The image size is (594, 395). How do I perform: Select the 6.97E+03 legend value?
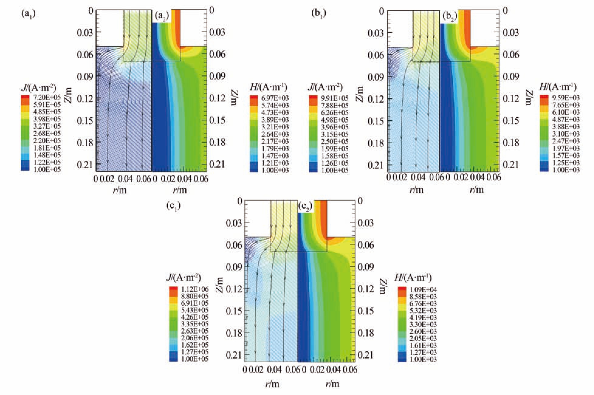pyautogui.click(x=274, y=98)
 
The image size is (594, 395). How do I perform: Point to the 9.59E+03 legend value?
pyautogui.click(x=565, y=98)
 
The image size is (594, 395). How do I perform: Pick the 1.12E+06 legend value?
pyautogui.click(x=194, y=289)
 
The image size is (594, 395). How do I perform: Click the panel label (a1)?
pyautogui.click(x=29, y=14)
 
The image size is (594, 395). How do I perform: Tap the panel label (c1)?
pyautogui.click(x=173, y=206)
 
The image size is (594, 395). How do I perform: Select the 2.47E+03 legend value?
pyautogui.click(x=565, y=141)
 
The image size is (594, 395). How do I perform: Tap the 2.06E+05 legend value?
pyautogui.click(x=194, y=338)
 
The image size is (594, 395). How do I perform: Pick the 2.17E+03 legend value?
pyautogui.click(x=274, y=141)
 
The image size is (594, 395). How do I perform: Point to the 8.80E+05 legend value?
pyautogui.click(x=194, y=296)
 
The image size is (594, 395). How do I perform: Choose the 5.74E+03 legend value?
pyautogui.click(x=274, y=105)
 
